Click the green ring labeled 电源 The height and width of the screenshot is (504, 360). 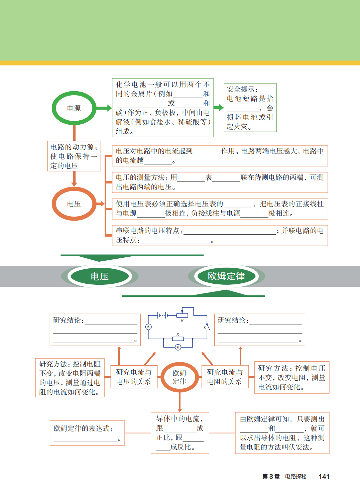pos(74,108)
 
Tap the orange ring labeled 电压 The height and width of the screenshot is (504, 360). pos(74,204)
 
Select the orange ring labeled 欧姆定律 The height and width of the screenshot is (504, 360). pos(179,377)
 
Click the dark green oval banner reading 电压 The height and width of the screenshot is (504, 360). pos(100,276)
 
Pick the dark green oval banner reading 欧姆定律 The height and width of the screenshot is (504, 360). pos(226,276)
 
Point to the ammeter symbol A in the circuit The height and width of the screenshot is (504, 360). pos(148,327)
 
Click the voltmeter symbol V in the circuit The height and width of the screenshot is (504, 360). pos(178,347)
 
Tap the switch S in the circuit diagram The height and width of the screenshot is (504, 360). pos(207,327)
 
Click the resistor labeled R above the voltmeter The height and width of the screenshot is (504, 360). pos(178,339)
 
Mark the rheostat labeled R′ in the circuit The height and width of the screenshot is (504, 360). pos(182,315)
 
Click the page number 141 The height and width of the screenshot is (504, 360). pos(324,476)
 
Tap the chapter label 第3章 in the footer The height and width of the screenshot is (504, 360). pos(271,476)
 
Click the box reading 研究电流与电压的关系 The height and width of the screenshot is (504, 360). pos(133,377)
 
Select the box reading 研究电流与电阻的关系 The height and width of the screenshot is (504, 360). pos(225,377)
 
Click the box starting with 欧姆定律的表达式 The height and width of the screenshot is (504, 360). pos(87,433)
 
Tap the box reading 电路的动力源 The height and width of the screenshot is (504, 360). pos(74,156)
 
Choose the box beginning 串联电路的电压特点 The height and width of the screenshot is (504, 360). pos(220,235)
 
